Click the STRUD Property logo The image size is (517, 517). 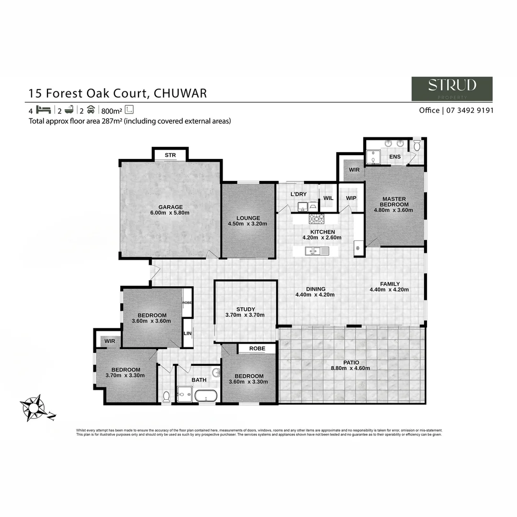pos(451,89)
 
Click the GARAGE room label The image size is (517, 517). pos(171,207)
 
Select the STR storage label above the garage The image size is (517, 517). pos(170,155)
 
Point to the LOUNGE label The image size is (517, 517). pos(248,218)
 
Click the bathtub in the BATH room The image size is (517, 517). pos(206,396)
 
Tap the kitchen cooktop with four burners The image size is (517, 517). pos(316,219)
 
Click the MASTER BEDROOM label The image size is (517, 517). pos(393,202)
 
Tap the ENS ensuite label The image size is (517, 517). pos(395,157)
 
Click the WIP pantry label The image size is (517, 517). pos(351,198)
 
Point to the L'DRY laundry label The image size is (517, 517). pos(298,194)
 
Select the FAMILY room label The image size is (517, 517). pos(390,284)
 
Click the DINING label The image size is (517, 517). pos(315,289)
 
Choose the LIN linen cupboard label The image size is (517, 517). pos(187,333)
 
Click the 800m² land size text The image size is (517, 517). pos(111,110)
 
